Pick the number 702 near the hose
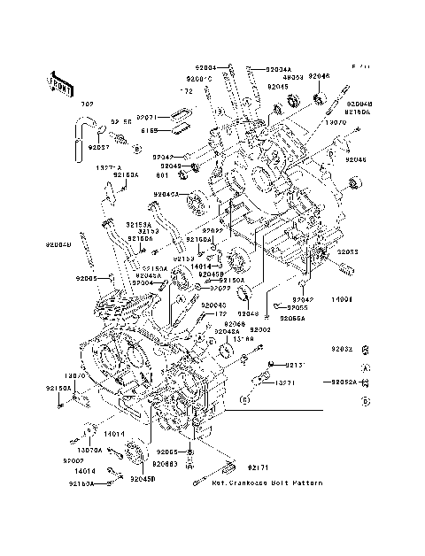[87, 104]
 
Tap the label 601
[151, 174]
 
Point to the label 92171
[258, 467]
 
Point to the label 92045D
[143, 479]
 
